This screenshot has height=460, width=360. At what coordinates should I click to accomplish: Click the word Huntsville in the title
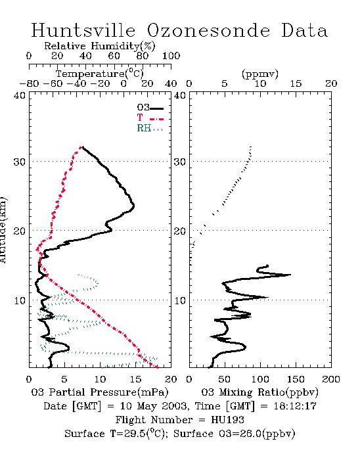pyautogui.click(x=83, y=30)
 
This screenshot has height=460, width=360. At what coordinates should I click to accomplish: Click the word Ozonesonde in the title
pyautogui.click(x=208, y=30)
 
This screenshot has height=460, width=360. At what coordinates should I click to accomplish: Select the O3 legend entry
pyautogui.click(x=150, y=108)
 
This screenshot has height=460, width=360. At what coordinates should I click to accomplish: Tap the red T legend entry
pyautogui.click(x=150, y=118)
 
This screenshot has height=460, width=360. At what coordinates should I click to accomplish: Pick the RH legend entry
pyautogui.click(x=150, y=128)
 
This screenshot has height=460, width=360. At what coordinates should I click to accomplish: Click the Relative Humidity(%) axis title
pyautogui.click(x=100, y=46)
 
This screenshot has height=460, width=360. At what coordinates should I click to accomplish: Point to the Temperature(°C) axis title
pyautogui.click(x=100, y=74)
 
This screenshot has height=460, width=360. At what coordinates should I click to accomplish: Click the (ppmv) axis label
pyautogui.click(x=260, y=74)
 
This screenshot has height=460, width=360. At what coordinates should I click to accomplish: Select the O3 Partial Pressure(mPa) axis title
pyautogui.click(x=100, y=392)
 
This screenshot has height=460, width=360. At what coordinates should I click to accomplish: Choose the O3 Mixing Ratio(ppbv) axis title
pyautogui.click(x=259, y=392)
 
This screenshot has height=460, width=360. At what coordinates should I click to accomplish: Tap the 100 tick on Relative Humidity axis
pyautogui.click(x=171, y=56)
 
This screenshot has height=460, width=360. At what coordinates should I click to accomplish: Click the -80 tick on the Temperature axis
pyautogui.click(x=29, y=83)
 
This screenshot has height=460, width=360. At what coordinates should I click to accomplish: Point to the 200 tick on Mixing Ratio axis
pyautogui.click(x=331, y=379)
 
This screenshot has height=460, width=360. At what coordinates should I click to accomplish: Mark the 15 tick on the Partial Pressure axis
pyautogui.click(x=135, y=379)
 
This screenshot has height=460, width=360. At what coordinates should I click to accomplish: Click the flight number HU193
pyautogui.click(x=227, y=420)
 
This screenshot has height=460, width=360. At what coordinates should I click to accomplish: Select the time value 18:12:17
pyautogui.click(x=295, y=406)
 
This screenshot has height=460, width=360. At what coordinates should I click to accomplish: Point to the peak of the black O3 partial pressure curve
pyautogui.click(x=133, y=205)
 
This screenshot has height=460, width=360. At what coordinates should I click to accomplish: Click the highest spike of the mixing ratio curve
pyautogui.click(x=290, y=275)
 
